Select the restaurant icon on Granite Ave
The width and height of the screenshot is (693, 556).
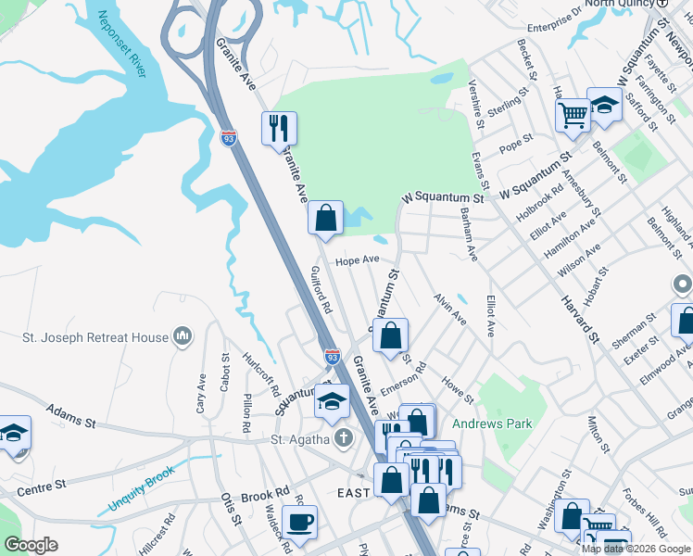pyautogui.click(x=279, y=127)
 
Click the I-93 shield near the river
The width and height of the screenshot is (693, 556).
pyautogui.click(x=229, y=137)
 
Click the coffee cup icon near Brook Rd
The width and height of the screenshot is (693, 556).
pyautogui.click(x=299, y=522)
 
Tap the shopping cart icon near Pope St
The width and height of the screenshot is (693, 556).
pyautogui.click(x=573, y=116)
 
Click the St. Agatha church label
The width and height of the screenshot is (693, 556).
pyautogui.click(x=300, y=438)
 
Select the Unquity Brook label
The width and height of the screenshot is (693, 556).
pyautogui.click(x=141, y=501)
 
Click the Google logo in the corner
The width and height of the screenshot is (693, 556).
pyautogui.click(x=31, y=545)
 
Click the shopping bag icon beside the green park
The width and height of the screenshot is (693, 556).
pyautogui.click(x=325, y=219)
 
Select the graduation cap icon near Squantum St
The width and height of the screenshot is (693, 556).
pyautogui.click(x=332, y=401)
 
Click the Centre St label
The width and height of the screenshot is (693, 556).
pyautogui.click(x=41, y=485)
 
